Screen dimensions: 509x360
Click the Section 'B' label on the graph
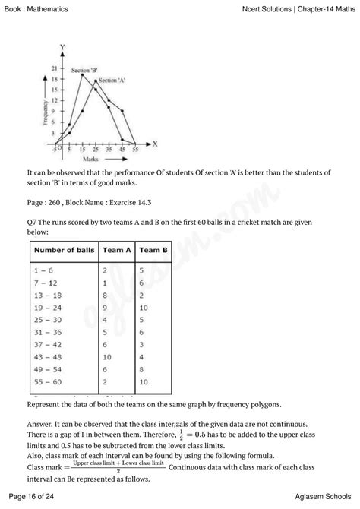pos(84,71)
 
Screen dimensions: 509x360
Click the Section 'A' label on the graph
pos(112,80)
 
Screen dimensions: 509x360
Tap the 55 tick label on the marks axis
pos(136,150)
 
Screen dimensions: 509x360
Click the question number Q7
pos(31,220)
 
